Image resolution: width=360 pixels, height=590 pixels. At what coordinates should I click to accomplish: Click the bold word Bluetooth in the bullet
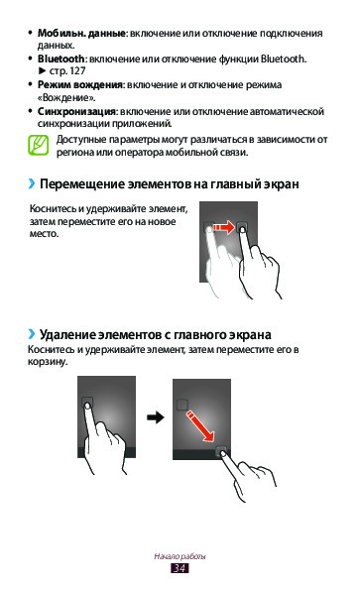tap(60, 59)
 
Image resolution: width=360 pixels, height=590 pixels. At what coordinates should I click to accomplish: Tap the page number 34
tap(180, 568)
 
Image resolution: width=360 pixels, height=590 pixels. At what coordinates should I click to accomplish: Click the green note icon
tap(38, 145)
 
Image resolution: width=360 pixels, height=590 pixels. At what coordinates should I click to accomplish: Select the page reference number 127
tap(78, 70)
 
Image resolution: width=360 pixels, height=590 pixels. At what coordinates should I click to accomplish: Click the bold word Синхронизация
tap(76, 111)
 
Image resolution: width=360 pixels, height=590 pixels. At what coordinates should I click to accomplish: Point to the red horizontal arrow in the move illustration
tap(224, 227)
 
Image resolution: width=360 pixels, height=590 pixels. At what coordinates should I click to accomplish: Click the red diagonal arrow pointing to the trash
tap(200, 426)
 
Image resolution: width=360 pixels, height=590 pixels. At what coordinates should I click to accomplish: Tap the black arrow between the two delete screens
tap(155, 416)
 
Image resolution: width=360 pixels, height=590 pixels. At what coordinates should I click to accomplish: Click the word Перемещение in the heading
tap(82, 184)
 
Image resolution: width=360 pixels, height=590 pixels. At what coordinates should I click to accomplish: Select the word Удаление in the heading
tap(67, 334)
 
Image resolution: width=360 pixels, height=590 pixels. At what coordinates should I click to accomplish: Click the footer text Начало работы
tap(180, 556)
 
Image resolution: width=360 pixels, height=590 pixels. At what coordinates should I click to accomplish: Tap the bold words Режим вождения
tap(79, 84)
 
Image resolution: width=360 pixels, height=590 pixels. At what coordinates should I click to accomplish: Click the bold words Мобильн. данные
tap(81, 33)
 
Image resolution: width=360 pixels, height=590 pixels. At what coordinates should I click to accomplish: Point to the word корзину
tap(48, 362)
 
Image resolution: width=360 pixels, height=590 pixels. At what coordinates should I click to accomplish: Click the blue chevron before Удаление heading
tap(32, 334)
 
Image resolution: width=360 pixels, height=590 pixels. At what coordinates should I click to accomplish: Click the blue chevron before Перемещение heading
tap(32, 183)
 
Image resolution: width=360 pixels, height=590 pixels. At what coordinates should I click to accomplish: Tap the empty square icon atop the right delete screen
tap(182, 405)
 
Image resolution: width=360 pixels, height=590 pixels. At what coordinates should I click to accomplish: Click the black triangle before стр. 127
tap(42, 70)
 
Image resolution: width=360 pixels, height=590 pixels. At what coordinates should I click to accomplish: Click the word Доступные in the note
tap(81, 140)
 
